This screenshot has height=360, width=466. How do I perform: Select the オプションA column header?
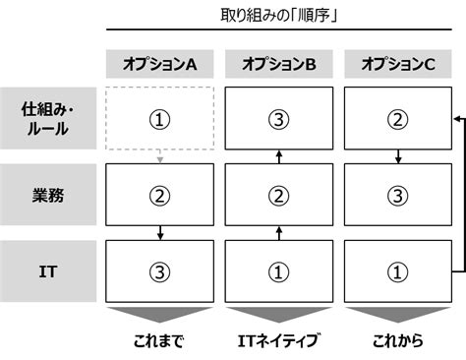[160, 65]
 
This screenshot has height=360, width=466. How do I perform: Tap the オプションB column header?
[279, 65]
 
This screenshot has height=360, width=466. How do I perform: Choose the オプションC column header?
[398, 65]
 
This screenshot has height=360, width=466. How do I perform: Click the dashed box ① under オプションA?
[160, 119]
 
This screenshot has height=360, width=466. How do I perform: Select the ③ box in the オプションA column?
[160, 270]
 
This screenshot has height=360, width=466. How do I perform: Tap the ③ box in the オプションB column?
[279, 119]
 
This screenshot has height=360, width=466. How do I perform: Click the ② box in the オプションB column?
[279, 195]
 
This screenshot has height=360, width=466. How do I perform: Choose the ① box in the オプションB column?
[279, 270]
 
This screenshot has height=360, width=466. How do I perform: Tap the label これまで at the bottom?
[160, 342]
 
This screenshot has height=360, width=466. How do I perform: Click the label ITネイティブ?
[279, 342]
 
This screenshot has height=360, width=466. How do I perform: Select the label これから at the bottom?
[398, 342]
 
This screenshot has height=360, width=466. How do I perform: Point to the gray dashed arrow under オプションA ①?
[160, 156]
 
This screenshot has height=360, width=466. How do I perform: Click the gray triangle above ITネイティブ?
[279, 314]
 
